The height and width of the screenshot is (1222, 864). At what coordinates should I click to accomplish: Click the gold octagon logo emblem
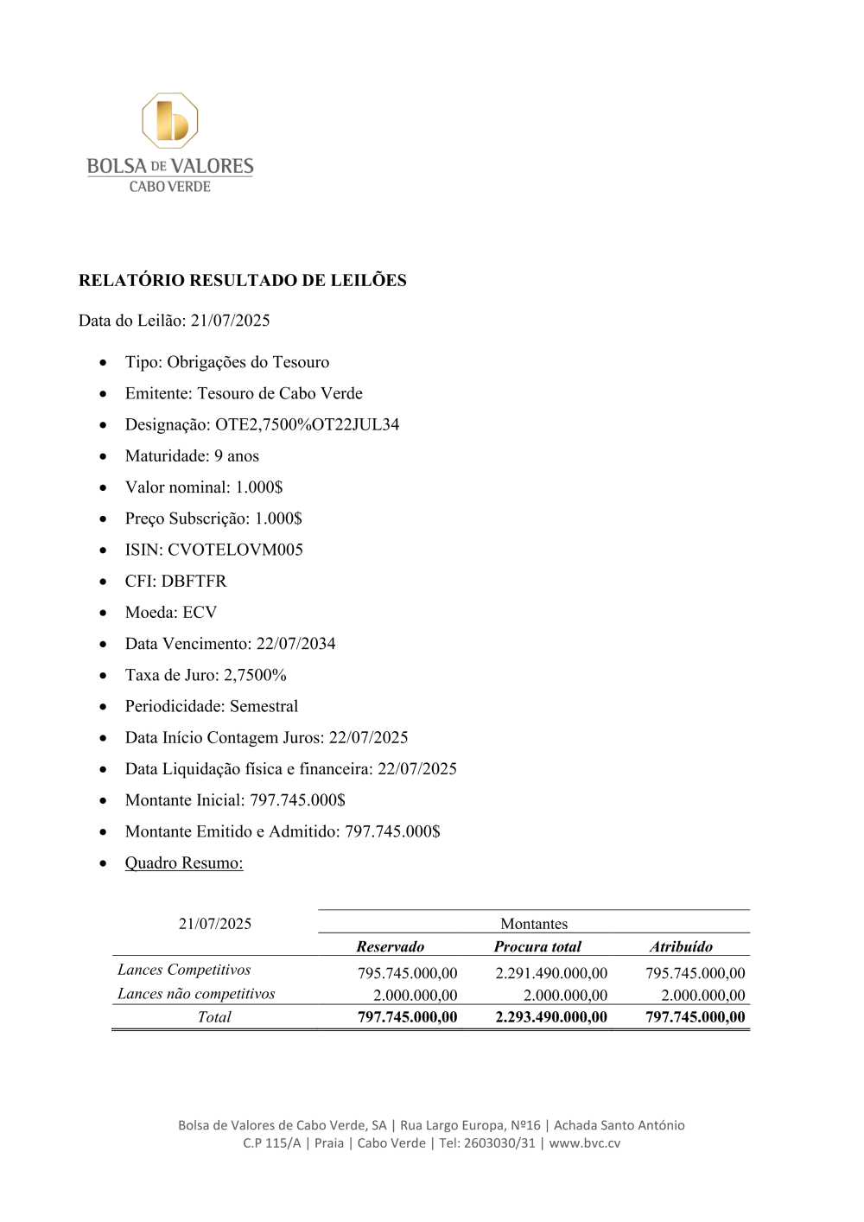(x=170, y=121)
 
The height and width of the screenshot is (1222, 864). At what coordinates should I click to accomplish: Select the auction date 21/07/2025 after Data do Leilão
(x=230, y=321)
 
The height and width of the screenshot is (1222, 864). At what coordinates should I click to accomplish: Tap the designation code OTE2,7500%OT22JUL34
(x=307, y=424)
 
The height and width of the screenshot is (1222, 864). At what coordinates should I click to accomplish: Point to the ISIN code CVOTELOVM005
(x=235, y=550)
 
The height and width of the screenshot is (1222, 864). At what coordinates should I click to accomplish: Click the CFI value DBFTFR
(x=194, y=581)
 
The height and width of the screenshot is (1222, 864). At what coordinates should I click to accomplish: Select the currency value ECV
(x=200, y=612)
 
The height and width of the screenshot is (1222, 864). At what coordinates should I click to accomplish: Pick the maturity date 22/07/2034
(x=295, y=644)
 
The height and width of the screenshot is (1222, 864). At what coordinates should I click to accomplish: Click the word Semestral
(x=264, y=706)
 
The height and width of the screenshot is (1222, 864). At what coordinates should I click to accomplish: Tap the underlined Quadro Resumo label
(x=184, y=862)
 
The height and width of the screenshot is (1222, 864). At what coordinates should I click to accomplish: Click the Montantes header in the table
(x=534, y=924)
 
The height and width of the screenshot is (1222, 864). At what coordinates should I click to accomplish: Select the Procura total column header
(x=537, y=946)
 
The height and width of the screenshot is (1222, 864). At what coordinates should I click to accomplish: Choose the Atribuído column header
(x=681, y=946)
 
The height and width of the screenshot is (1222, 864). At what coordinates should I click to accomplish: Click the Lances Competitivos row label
(x=184, y=970)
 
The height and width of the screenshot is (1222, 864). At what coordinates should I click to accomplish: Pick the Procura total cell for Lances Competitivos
(x=551, y=973)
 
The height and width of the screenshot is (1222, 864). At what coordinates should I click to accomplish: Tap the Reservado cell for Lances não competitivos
(x=416, y=996)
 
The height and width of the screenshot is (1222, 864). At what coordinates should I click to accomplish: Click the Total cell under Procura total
(x=551, y=1017)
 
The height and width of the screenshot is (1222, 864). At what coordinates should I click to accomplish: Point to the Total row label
(x=214, y=1017)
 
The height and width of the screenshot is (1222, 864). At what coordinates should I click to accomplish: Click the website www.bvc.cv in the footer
(x=585, y=1142)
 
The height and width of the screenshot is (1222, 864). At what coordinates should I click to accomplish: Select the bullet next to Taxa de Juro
(x=104, y=675)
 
